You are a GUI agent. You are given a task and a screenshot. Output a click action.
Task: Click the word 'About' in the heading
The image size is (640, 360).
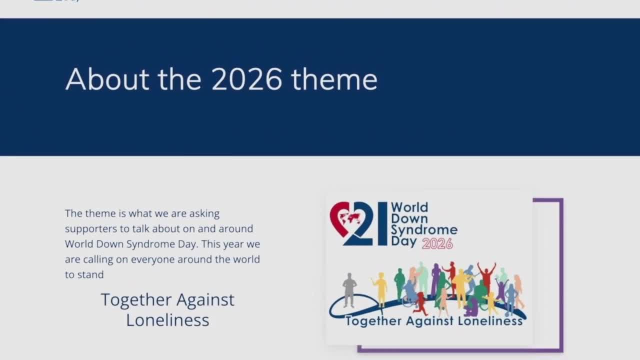pos(107,79)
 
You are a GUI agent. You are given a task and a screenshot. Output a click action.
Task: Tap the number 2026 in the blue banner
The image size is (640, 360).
pos(247,79)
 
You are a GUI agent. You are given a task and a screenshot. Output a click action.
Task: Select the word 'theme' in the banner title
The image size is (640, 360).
pos(334,79)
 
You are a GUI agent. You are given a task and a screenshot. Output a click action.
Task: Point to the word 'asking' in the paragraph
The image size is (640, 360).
pos(204,213)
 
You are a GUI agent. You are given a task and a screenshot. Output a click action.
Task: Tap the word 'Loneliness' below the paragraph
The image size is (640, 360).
pos(167,320)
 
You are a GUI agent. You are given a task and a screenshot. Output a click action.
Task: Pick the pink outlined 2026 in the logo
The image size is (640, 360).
pos(437,244)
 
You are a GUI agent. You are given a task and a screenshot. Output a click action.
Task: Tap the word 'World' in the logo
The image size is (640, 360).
pos(409,207)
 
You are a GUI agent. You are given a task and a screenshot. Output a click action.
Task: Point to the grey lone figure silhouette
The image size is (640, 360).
pos(349,290)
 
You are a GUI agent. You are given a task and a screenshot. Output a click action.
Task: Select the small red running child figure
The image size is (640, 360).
pos(420,303)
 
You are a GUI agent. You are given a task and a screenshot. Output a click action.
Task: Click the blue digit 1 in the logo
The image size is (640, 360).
pos(382,223)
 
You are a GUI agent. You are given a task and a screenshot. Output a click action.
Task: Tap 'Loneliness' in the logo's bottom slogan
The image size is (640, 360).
pos(490,321)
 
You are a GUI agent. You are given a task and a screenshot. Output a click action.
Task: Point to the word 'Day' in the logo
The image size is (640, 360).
pos(403,241)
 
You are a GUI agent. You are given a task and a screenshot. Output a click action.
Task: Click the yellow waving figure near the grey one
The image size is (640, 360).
pos(380,289)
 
